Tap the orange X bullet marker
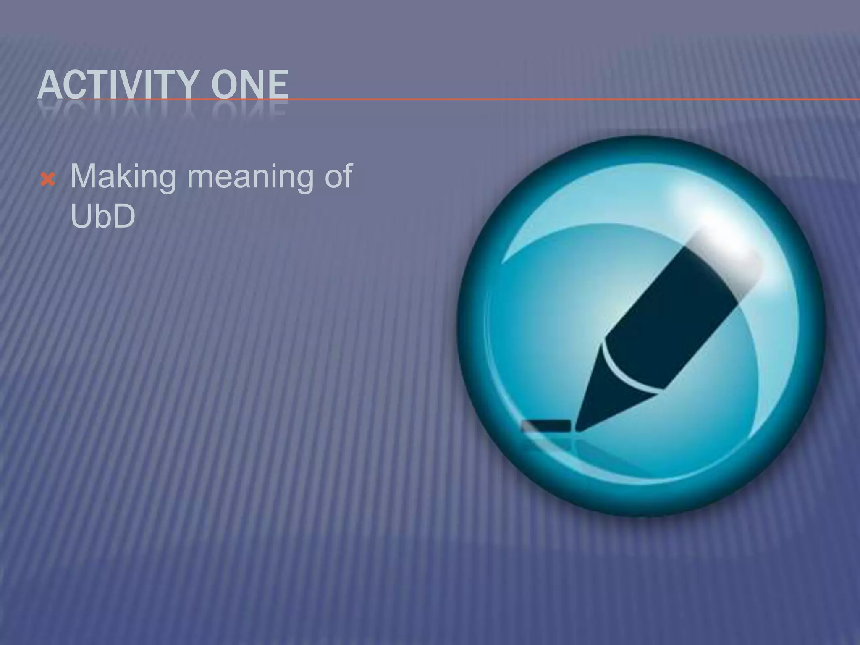click(x=48, y=180)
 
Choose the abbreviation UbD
click(x=103, y=216)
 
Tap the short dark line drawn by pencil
click(x=546, y=425)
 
